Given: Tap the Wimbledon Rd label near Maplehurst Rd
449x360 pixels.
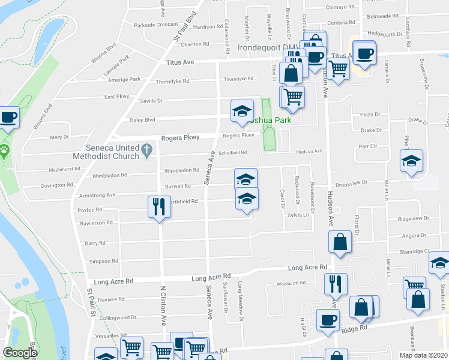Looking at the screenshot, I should click(x=110, y=176).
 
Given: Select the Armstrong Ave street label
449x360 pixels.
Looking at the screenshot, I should click(x=97, y=195).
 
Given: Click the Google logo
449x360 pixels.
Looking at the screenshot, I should click(x=20, y=353).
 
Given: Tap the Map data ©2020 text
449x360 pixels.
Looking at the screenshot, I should click(x=423, y=355).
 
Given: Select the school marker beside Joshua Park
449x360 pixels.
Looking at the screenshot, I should click(x=241, y=111).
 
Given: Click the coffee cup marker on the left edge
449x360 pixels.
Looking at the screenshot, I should click(x=8, y=118).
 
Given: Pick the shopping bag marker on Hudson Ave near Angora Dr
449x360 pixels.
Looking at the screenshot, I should click(x=340, y=243).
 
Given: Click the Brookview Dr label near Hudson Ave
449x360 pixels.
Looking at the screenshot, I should click(x=351, y=185).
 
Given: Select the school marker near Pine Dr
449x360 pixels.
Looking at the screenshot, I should click(x=412, y=161).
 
